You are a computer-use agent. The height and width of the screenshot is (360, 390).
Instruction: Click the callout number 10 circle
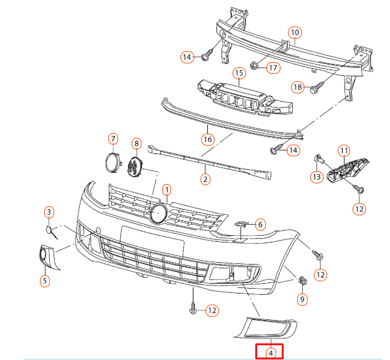(294, 32)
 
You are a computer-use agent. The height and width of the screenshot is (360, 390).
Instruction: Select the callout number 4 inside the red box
(270, 353)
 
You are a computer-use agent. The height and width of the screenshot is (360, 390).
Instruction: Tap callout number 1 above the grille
(166, 190)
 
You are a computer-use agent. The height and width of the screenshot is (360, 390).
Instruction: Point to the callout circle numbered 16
(207, 140)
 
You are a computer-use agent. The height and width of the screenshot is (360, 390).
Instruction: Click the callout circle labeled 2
(205, 179)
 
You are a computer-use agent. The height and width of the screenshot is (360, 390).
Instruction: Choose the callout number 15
(238, 73)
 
